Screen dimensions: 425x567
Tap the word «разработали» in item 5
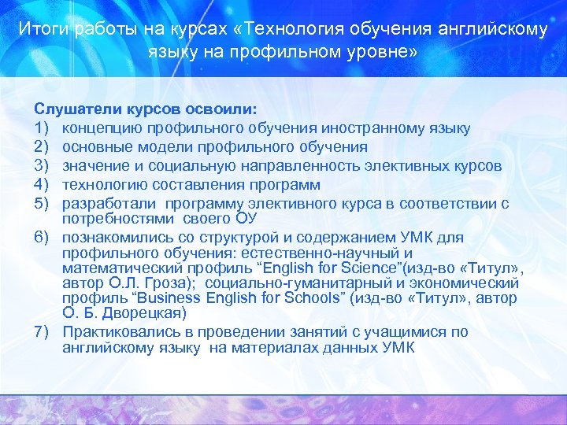point(105,204)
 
